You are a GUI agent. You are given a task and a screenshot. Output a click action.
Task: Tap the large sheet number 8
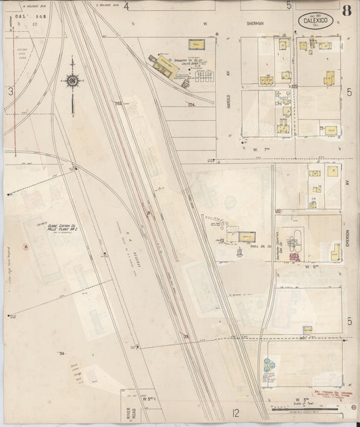tap(346, 10)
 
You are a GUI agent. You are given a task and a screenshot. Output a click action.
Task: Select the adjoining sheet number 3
tap(9, 91)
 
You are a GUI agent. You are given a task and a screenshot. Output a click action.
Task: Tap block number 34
tap(61, 353)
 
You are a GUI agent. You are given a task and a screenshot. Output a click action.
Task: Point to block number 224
tap(191, 105)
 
